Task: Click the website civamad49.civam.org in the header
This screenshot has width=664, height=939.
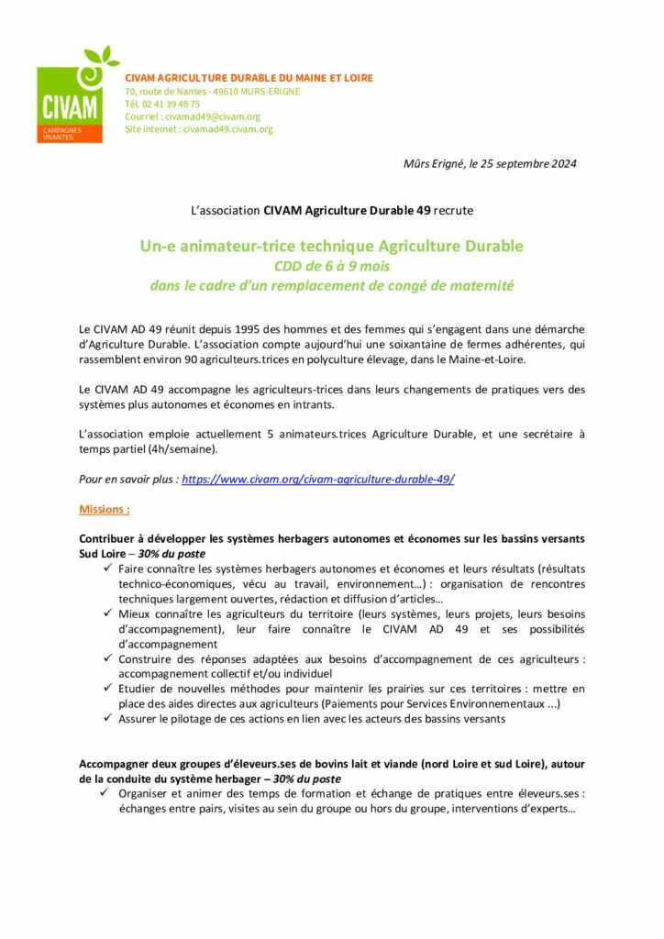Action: tap(227, 129)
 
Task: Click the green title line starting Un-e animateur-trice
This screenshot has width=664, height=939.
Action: tap(331, 247)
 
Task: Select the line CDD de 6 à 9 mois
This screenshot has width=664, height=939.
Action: tap(331, 267)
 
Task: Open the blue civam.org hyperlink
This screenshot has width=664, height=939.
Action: tap(317, 479)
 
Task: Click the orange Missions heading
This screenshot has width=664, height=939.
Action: tap(104, 508)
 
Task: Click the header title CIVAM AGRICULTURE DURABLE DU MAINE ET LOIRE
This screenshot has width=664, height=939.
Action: tap(249, 78)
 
